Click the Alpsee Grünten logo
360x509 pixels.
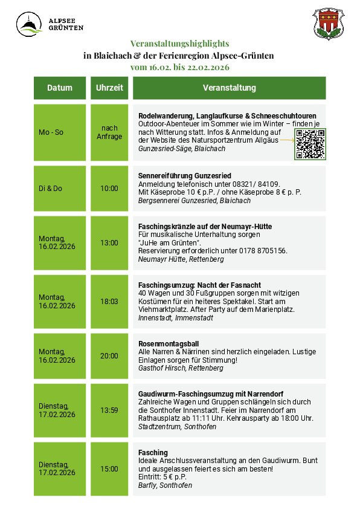coord(50,24)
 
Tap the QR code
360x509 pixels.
coord(310,144)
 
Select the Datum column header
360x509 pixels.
coord(60,88)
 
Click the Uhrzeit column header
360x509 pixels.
coord(109,88)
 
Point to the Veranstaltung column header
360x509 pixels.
coord(229,88)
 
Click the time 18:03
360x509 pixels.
coord(109,301)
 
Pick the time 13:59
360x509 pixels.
coord(109,410)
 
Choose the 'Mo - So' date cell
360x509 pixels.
coord(51,132)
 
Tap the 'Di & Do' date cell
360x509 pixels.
coord(50,189)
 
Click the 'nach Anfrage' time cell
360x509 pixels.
coord(109,132)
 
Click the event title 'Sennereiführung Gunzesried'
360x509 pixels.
coord(185,176)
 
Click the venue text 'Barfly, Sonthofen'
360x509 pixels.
coord(165,485)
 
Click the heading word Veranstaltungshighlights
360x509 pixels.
coord(180,44)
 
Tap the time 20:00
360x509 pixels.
coord(109,356)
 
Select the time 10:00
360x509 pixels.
coord(109,189)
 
